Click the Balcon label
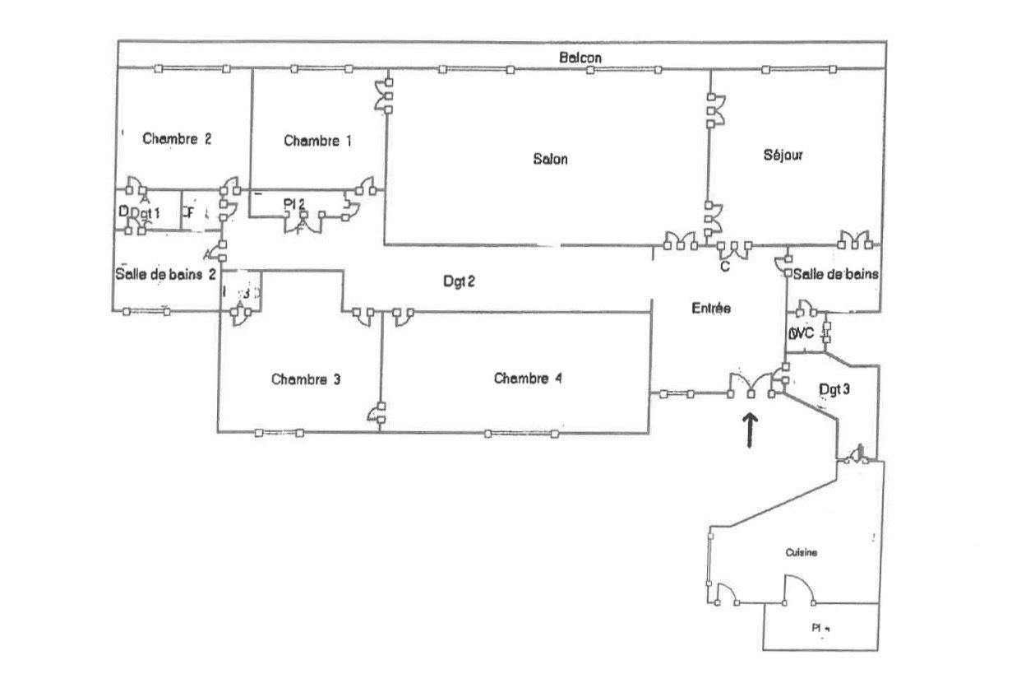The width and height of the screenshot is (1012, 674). (580, 58)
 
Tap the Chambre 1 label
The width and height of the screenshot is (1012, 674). (317, 141)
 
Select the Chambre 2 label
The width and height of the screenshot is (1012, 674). (177, 138)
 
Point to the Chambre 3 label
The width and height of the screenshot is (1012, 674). (306, 379)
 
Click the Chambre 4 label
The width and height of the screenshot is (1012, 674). (528, 379)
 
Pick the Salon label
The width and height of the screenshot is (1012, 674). (550, 159)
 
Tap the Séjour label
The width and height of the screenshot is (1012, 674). (783, 155)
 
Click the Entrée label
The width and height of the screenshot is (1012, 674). (710, 309)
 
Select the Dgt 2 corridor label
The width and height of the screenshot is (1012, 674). (459, 281)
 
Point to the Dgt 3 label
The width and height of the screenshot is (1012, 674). (834, 389)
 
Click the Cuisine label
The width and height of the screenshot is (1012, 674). (801, 553)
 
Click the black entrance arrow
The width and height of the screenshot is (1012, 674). (751, 430)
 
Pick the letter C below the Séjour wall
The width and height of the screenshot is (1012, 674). (725, 266)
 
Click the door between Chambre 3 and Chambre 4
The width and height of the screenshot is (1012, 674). (378, 413)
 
